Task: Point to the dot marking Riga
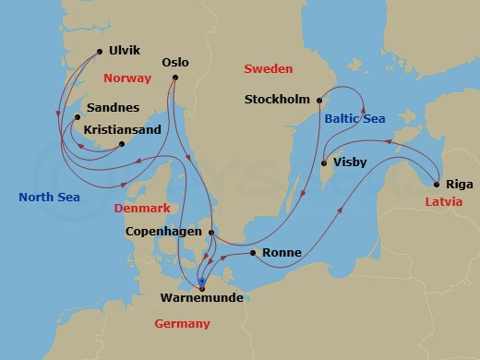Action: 436,184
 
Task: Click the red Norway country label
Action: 128,78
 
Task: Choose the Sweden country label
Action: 268,69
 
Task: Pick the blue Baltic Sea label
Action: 354,118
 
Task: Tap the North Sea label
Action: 49,197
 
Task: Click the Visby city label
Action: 350,162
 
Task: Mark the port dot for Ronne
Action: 252,252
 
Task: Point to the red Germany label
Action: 183,323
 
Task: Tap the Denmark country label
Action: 142,209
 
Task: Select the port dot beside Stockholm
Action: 318,100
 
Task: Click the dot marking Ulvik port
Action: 99,53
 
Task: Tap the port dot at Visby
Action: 323,164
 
